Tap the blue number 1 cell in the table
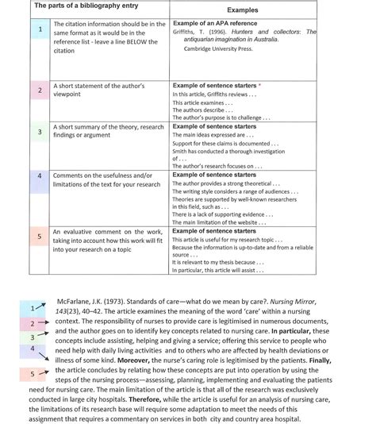(40, 30)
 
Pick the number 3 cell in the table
(40, 132)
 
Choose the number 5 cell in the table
(40, 237)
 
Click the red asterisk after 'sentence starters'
(259, 84)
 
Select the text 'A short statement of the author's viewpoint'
(99, 89)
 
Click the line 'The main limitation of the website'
(223, 222)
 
